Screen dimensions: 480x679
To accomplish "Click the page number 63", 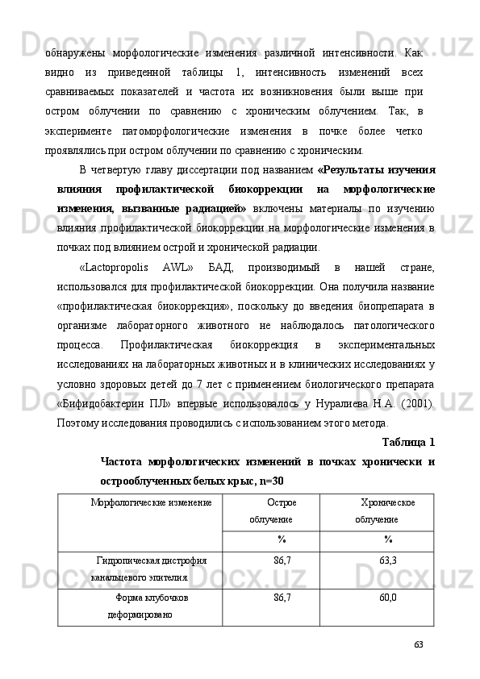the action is click(x=418, y=644).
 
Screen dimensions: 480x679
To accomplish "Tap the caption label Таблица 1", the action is click(x=407, y=442).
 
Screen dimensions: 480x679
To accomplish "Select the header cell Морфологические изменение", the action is click(x=151, y=502).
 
